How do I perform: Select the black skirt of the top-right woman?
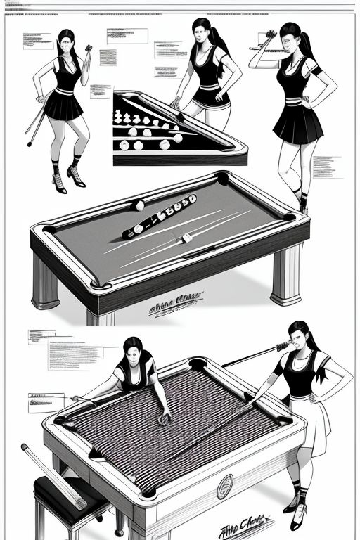tap(298, 125)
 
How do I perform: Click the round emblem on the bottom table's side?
tap(225, 484)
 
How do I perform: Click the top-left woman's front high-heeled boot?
tap(75, 176)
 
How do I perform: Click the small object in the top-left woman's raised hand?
tap(89, 49)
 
